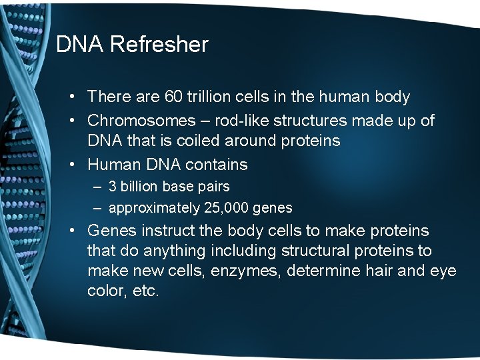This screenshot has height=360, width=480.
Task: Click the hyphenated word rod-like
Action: click(241, 121)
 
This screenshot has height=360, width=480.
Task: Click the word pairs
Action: click(213, 187)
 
